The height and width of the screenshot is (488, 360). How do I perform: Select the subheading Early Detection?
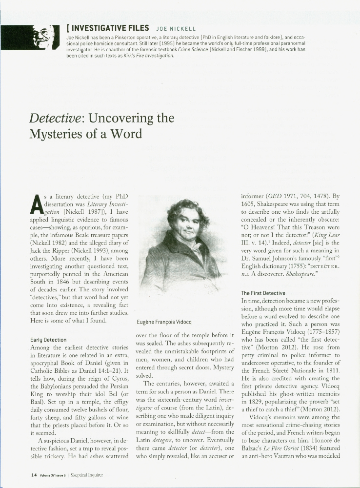48,339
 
